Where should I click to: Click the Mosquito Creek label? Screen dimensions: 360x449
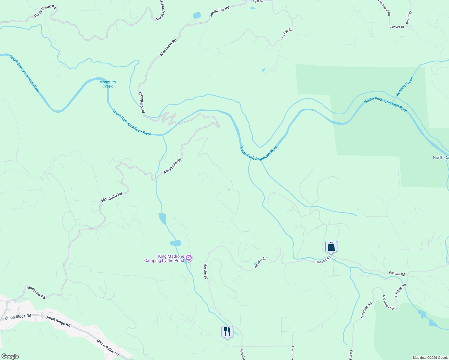[107, 84]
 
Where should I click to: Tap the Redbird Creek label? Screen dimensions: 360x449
[404, 86]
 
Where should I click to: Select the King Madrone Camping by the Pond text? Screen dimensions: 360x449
[164, 258]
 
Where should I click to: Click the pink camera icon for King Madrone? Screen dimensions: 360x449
[189, 258]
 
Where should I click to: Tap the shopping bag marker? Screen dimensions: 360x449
[331, 247]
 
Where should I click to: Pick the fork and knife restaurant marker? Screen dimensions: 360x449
[227, 332]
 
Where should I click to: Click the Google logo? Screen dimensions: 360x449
[10, 356]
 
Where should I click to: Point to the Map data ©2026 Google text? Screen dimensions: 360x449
[430, 358]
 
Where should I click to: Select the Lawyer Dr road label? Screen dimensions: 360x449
[397, 27]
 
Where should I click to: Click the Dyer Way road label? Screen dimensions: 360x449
[408, 17]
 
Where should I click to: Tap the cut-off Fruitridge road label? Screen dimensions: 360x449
[292, 353]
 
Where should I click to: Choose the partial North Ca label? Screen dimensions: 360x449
[441, 158]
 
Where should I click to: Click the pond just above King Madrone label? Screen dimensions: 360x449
[176, 243]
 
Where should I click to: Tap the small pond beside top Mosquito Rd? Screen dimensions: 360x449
[197, 16]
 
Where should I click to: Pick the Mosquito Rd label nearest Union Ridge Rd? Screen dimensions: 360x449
[36, 292]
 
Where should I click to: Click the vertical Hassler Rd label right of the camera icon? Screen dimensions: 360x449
[206, 271]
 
